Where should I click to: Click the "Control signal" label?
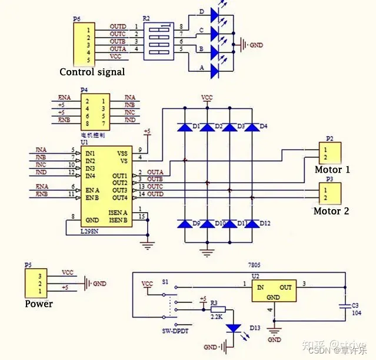click(92, 72)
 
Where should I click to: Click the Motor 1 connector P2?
click(326, 154)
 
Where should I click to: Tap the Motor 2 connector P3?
click(326, 193)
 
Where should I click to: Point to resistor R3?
click(218, 308)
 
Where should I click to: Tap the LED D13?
click(234, 328)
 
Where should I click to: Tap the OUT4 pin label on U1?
click(119, 197)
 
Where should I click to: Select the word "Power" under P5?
click(39, 304)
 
